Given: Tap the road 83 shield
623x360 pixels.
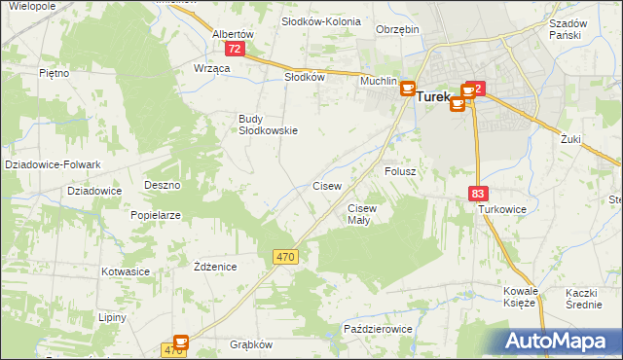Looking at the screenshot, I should pos(477,194).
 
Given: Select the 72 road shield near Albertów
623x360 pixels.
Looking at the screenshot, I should pos(235,48).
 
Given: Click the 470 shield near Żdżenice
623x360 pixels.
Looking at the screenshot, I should pos(284,256).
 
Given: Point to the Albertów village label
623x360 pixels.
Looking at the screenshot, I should pos(233,33).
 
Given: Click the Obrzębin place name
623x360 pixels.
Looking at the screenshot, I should pos(397,29).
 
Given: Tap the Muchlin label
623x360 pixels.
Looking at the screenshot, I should pos(378,82).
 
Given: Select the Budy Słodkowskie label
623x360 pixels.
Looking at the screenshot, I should pos(268,125).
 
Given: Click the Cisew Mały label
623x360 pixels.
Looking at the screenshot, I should pos(361,213).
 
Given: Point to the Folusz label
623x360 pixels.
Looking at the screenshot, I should pos(400,170).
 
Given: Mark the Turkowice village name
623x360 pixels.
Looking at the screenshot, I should pos(501,209).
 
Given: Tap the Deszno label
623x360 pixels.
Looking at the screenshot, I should pos(163,184).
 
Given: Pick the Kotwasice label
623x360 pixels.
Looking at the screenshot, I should pos(124,271).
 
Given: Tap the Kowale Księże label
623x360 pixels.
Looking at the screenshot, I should pos(520,297).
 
